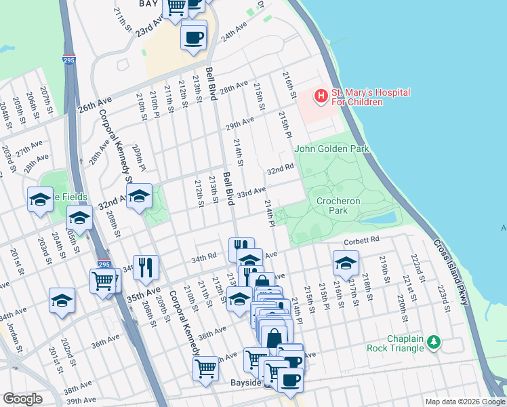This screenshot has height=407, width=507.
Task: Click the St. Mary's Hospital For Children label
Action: [357, 97]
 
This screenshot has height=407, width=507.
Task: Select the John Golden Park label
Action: [322, 148]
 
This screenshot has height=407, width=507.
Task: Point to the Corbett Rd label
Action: [360, 240]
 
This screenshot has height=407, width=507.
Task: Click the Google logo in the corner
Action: [22, 398]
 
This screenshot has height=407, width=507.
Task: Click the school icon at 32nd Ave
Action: [139, 197]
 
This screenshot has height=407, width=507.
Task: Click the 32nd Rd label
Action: [280, 168]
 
